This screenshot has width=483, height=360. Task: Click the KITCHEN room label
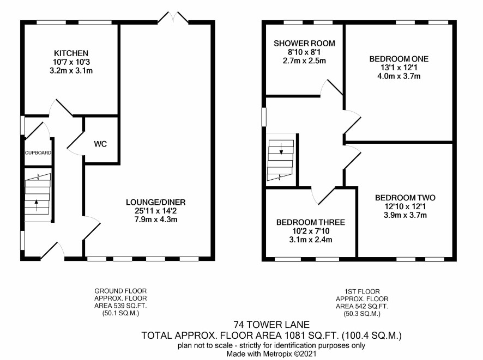71,53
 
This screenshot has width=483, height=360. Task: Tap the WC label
100,144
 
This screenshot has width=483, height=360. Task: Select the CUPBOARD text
38,152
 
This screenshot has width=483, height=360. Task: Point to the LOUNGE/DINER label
156,202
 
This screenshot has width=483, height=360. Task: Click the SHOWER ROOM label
304,44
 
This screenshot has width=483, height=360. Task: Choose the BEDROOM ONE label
399,59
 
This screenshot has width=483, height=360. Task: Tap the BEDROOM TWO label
405,198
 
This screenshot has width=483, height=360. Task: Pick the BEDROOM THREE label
311,222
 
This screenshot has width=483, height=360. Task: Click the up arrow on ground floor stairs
37,205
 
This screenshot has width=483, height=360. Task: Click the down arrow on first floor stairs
281,149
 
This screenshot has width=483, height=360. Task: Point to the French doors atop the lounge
173,17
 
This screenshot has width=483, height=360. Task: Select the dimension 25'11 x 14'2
156,211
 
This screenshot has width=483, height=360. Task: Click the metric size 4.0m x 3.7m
399,76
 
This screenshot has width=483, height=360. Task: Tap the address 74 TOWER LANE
271,325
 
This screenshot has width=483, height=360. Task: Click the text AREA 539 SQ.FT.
120,306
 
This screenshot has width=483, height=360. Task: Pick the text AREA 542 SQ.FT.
362,307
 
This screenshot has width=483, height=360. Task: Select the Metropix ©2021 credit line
271,354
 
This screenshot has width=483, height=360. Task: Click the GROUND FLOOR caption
120,291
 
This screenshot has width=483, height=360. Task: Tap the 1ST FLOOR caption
362,291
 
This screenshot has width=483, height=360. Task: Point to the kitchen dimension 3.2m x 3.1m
71,70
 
